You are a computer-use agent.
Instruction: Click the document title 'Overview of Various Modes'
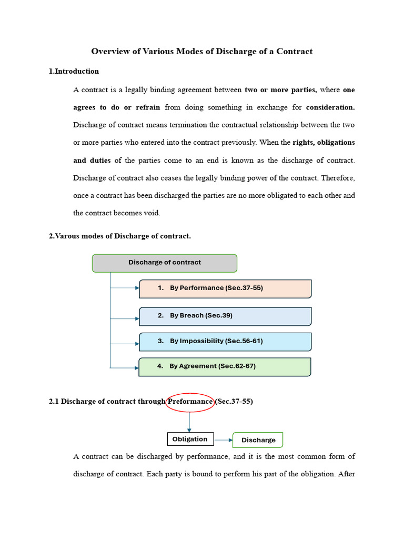(201, 51)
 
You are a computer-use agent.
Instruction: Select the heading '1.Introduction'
(74, 71)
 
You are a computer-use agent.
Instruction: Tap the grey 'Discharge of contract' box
(165, 263)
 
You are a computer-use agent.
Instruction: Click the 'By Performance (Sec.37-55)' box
(225, 288)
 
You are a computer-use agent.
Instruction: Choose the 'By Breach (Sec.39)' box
(225, 316)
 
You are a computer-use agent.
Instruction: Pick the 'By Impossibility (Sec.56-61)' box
(225, 341)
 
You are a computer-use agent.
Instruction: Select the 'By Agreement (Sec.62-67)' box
(225, 366)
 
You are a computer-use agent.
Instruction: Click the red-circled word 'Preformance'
(190, 402)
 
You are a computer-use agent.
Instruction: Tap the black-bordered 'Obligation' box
(190, 439)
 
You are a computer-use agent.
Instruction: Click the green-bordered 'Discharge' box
(258, 440)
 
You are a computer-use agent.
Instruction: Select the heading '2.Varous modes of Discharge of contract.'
(120, 236)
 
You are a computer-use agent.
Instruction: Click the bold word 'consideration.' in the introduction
(330, 107)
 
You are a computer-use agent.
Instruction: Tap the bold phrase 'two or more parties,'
(281, 89)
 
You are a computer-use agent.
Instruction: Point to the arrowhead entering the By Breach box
(137, 318)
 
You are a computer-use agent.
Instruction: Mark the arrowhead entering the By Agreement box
(136, 368)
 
